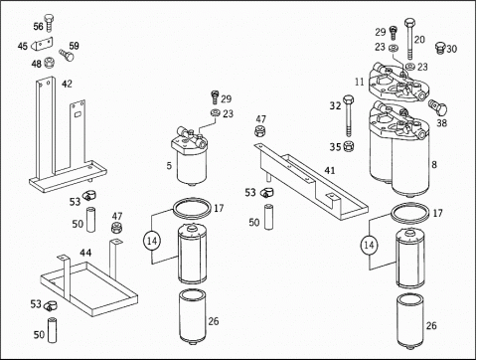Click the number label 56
pos(38,26)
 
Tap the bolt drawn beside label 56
pos(49,23)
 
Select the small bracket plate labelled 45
pos(42,44)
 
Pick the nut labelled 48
pos(49,62)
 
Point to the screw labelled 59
pos(67,55)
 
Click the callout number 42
pos(67,84)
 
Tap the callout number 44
pos(85,253)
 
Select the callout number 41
pos(329,170)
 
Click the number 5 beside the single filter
pos(169,165)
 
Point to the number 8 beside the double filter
pos(434,164)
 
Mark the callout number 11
pos(359,82)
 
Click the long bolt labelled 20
pos(409,39)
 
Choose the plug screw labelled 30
pos(440,48)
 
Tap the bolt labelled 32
pos(348,115)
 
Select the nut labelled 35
pos(348,146)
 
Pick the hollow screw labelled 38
pos(438,106)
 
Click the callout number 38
pos(441,123)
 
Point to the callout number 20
pos(419,40)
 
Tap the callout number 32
pos(335,105)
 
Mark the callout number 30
pos(451,49)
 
